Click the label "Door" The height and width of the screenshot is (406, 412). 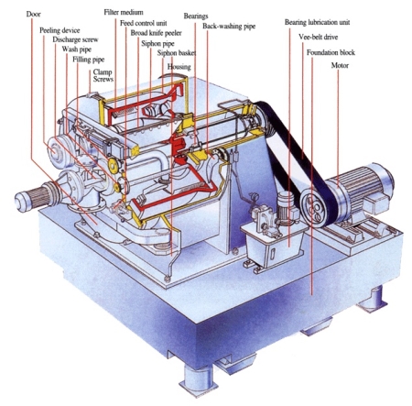coord(33,14)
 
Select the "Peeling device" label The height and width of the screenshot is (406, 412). coord(60,30)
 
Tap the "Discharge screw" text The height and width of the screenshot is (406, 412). coord(75,39)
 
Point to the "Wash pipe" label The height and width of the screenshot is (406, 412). coord(77,49)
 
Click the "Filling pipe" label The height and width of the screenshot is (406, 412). coord(89,60)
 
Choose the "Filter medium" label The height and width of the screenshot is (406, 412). coord(124,13)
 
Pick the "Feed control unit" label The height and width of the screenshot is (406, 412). coord(144,23)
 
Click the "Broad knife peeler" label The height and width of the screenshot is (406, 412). coord(157,33)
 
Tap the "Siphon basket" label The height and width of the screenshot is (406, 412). coord(177,53)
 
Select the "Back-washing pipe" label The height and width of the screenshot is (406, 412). coord(229,27)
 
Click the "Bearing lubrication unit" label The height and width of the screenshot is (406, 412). coord(318,22)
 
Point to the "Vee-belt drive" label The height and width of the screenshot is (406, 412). coord(319,37)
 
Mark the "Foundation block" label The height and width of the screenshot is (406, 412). coord(331,52)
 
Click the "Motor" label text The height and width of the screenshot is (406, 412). coord(340,65)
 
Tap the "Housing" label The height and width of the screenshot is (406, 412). coord(179,67)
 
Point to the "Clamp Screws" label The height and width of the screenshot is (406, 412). coord(103,75)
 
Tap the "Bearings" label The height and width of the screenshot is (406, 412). coord(196,16)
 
